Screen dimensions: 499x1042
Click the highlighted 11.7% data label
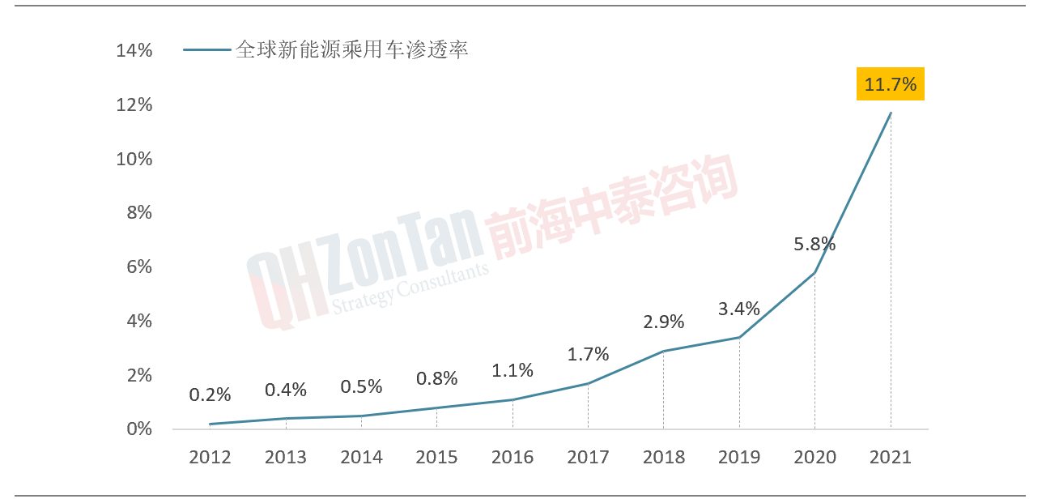890,84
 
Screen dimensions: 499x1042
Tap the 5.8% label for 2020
814,244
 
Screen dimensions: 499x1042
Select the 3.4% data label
739,309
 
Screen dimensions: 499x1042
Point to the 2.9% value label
664,322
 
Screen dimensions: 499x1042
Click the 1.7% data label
588,354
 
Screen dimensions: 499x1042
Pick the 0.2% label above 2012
211,395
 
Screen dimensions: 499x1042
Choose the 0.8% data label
437,378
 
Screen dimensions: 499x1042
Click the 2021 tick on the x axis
891,458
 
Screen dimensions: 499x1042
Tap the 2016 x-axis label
512,458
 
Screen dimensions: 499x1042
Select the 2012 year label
211,458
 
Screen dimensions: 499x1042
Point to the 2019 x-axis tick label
739,458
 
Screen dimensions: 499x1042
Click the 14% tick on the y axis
134,51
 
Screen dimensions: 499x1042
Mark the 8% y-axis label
139,213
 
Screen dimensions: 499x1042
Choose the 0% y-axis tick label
139,429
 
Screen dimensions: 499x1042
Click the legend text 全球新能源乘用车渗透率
352,50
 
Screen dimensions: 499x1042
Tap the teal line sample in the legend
207,50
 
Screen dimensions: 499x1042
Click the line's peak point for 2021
891,113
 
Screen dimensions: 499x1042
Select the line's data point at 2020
814,272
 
